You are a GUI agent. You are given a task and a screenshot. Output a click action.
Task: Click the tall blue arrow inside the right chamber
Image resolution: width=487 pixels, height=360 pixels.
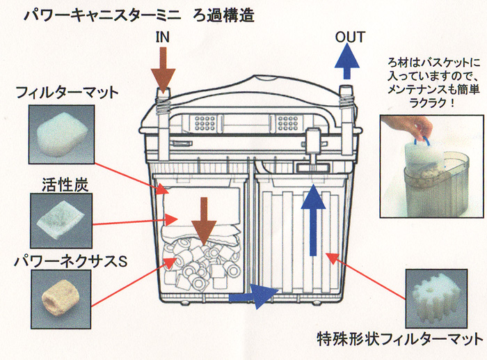312,223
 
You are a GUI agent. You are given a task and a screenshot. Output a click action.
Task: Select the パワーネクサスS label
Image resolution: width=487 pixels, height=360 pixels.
67,262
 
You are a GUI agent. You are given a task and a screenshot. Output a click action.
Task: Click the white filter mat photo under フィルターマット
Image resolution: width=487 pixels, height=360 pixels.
61,134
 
